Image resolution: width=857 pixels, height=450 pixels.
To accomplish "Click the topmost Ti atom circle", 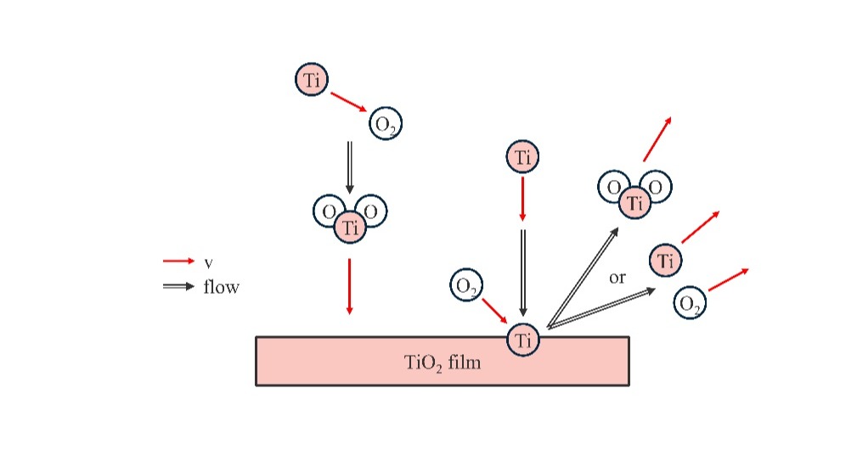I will click(x=312, y=80).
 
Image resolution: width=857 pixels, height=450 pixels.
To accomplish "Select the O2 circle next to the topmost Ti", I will click(x=385, y=125).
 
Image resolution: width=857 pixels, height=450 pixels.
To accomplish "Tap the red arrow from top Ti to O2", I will click(x=348, y=102).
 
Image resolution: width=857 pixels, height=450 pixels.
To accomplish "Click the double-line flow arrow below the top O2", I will click(x=349, y=166).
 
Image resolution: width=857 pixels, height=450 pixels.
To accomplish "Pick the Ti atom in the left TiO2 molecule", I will click(x=349, y=227).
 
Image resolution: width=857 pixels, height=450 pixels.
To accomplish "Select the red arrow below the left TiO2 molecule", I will click(x=349, y=286).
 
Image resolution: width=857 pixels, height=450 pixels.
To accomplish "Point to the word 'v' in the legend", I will click(x=208, y=262).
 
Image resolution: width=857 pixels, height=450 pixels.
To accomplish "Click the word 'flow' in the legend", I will click(x=221, y=287).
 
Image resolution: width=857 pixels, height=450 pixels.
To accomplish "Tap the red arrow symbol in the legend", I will click(x=178, y=262).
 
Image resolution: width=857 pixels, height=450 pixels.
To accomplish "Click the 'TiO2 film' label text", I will click(x=442, y=363).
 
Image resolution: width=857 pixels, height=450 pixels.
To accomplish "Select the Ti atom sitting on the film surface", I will click(x=522, y=340).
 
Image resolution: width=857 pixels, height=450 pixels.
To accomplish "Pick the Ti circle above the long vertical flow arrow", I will click(x=522, y=157).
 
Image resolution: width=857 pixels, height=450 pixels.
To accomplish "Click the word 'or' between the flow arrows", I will click(x=617, y=278).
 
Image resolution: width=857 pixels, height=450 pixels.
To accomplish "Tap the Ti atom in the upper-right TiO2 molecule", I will click(x=633, y=203).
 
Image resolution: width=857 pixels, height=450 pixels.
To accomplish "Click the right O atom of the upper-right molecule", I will click(x=656, y=187).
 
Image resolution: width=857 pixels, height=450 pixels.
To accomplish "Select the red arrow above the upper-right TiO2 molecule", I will click(x=657, y=139).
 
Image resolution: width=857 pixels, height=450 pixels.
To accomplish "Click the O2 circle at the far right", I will click(x=690, y=303).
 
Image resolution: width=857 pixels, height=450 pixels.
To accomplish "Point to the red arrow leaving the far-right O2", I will click(x=728, y=280).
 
